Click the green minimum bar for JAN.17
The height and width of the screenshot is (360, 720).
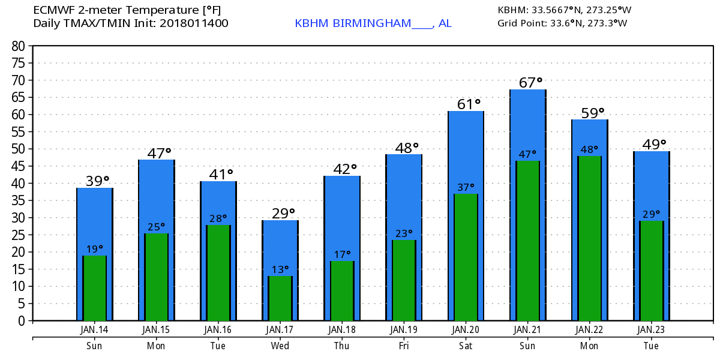coord(280,298)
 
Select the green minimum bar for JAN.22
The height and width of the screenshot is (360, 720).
coord(589,238)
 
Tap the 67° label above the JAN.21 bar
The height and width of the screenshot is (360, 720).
coord(530,82)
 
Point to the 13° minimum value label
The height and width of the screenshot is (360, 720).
coord(280,269)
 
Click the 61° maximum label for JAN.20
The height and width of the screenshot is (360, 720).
coord(469,104)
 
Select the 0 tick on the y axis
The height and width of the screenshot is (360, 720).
coord(21,321)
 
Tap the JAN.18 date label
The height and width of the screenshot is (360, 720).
coord(342,330)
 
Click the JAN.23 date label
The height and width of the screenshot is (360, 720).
coord(651,330)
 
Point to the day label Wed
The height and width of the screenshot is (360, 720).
coord(280,346)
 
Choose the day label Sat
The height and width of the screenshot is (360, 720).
coord(465,346)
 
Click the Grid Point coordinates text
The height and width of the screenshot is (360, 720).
coord(562,23)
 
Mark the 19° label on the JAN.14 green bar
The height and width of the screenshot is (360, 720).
coord(95,248)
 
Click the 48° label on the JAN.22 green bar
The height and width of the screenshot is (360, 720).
coord(589,149)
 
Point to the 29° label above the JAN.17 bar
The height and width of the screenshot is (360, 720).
coord(283,213)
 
